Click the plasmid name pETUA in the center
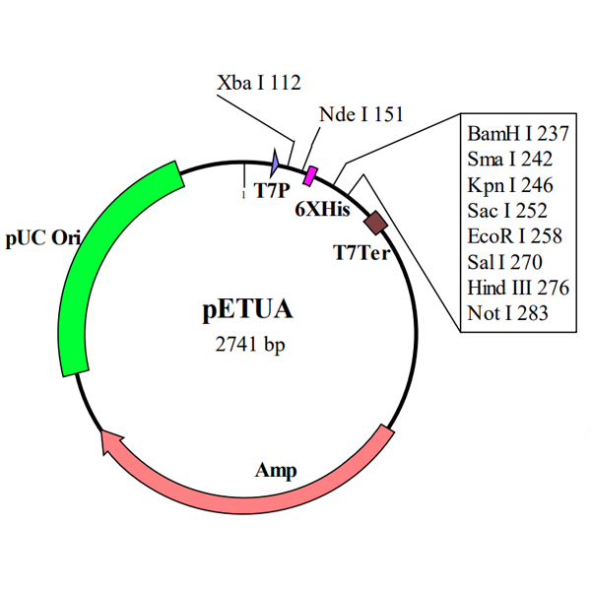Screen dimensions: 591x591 [247, 310]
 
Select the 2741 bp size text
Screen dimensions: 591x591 [250, 344]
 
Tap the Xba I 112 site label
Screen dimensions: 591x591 [259, 83]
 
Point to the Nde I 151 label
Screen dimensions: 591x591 [361, 114]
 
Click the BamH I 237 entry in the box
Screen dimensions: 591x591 [518, 134]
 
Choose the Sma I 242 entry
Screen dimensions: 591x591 [510, 159]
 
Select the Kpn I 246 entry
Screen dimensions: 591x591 [510, 185]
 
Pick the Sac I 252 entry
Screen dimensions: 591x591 [507, 211]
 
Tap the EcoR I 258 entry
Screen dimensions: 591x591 [515, 236]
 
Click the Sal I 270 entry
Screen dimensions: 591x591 [504, 262]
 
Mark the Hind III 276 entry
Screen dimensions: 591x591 [518, 288]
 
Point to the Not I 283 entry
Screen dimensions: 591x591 [507, 313]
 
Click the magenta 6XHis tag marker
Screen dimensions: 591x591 [310, 175]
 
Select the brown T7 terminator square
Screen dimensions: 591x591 [375, 224]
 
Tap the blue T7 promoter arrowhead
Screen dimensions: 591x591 [275, 163]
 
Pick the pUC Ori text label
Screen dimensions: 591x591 [43, 238]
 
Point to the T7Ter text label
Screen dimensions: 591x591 [361, 252]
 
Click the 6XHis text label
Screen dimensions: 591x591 [322, 209]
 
